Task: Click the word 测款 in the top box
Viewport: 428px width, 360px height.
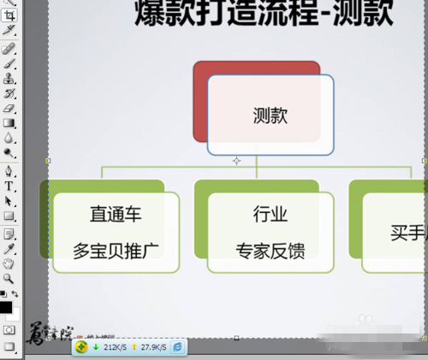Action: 270,116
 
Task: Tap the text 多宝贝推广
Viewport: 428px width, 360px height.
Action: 116,251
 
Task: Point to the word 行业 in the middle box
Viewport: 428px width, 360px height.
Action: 270,214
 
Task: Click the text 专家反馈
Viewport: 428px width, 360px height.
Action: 270,251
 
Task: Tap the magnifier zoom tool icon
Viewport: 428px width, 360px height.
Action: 9,278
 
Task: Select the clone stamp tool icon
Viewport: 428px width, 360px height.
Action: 9,78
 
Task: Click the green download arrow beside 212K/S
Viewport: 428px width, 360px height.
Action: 96,348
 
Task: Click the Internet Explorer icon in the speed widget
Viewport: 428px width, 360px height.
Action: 177,347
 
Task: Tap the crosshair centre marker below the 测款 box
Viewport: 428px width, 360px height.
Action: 237,160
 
